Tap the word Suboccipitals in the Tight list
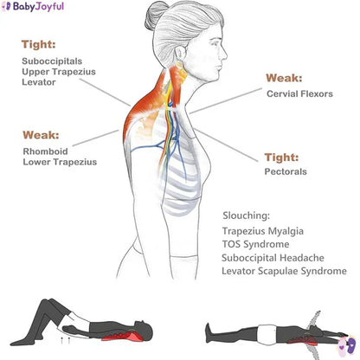(x=52, y=61)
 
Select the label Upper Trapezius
(x=59, y=72)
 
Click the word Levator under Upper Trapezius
(x=39, y=82)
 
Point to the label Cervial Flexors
(x=299, y=93)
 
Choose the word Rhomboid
(x=45, y=151)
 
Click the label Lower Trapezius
(x=60, y=162)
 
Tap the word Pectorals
(x=286, y=171)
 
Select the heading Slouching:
(x=247, y=215)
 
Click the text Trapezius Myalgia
(x=263, y=231)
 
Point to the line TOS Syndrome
(x=255, y=244)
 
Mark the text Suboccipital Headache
(x=273, y=258)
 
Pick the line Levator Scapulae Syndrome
(x=284, y=271)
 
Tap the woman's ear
(x=180, y=55)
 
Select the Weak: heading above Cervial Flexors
(x=284, y=78)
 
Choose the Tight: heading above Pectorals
(x=281, y=157)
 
